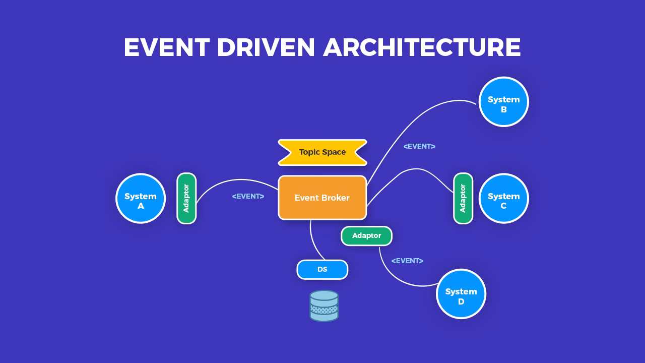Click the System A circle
[141, 198]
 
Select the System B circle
[503, 101]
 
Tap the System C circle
[503, 198]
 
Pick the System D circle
[461, 294]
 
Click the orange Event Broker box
[322, 198]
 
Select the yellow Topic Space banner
[322, 152]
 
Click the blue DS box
[322, 270]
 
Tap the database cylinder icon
[324, 306]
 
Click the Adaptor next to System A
[186, 198]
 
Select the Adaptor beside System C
[463, 198]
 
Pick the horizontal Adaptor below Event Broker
[366, 236]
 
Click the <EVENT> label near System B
[419, 146]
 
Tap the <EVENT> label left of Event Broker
[248, 196]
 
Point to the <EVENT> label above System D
[407, 261]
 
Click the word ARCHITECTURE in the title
[422, 47]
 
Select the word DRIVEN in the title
[266, 47]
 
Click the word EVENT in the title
[166, 47]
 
